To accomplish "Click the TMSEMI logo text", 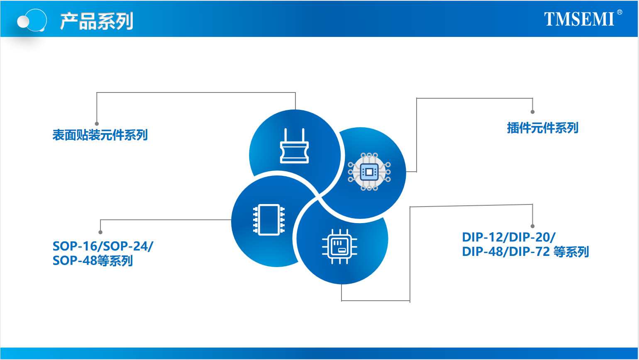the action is (x=579, y=19).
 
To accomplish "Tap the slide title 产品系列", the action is (x=96, y=21).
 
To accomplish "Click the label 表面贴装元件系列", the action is (x=100, y=135).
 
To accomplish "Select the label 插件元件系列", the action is (x=542, y=128).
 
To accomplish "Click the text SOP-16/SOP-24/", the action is (x=102, y=246).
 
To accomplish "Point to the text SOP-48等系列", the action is (x=93, y=260).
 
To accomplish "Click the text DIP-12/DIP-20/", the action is (x=508, y=237).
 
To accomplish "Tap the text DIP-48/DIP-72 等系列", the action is (x=525, y=252).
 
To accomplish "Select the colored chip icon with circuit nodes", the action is (x=369, y=171).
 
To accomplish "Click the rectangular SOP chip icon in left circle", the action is (x=269, y=219).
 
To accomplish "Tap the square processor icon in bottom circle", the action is (x=339, y=246).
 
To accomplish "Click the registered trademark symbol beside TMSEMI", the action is (x=619, y=12).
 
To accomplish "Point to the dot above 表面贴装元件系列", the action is (x=97, y=124).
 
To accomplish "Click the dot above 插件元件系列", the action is (x=532, y=112).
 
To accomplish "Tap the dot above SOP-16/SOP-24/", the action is (x=100, y=232).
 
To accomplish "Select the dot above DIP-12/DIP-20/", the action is (x=532, y=226).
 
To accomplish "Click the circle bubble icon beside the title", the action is (x=32, y=20).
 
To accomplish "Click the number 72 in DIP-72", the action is (x=542, y=252).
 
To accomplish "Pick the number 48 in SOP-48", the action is (x=90, y=260).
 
